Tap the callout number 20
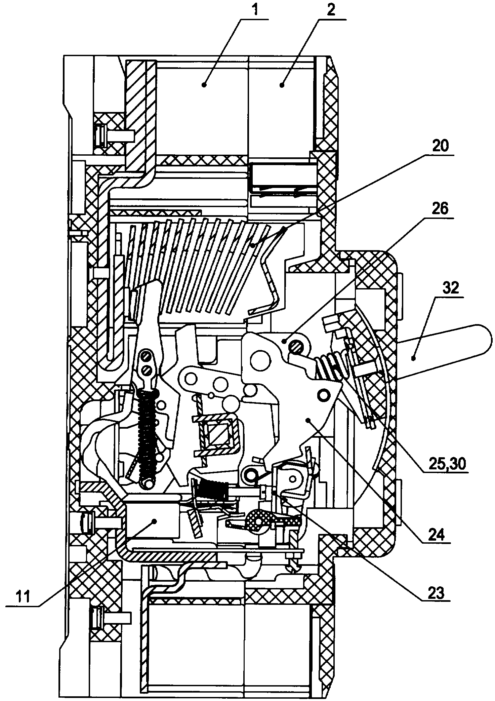[440, 147]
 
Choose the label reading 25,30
[447, 465]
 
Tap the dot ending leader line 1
[203, 85]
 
